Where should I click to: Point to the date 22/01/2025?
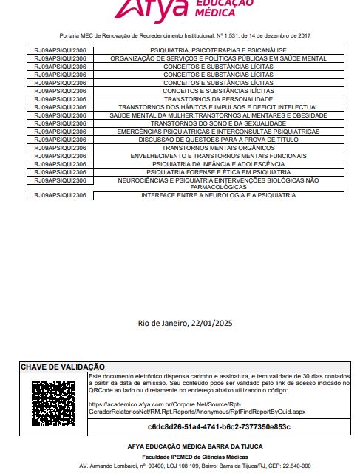click(211, 323)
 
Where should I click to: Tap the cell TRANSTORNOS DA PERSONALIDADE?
click(218, 99)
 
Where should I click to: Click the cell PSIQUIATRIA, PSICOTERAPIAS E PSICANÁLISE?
click(218, 50)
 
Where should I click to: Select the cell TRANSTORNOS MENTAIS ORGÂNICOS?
click(218, 148)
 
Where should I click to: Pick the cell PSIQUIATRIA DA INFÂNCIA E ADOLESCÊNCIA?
click(218, 164)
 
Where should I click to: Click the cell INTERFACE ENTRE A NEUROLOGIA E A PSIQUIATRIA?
click(218, 195)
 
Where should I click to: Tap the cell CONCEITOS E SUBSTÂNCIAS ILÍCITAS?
click(218, 91)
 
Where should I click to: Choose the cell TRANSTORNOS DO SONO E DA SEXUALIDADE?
click(218, 123)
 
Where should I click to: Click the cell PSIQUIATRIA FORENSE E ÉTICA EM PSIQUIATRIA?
click(218, 172)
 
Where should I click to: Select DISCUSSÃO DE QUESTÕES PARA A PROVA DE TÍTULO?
click(218, 140)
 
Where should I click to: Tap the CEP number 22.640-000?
click(295, 466)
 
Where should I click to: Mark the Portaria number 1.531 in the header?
click(235, 35)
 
